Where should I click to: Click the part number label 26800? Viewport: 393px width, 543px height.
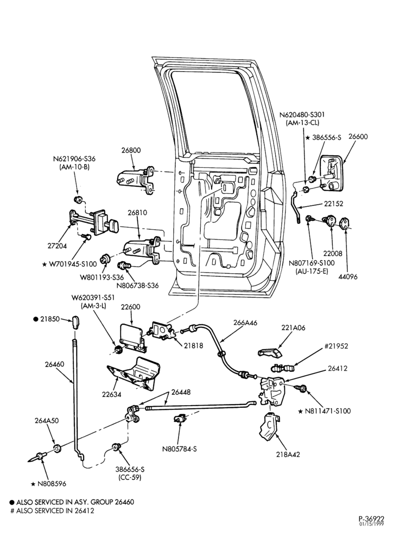[x=131, y=150]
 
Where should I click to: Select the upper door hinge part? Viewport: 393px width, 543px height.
[x=136, y=178]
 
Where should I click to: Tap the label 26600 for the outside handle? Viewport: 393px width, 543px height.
[x=358, y=136]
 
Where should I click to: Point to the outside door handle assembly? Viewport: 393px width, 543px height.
[x=332, y=173]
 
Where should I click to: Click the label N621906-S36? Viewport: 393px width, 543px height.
[x=74, y=159]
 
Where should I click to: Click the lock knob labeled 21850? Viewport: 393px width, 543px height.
[x=76, y=321]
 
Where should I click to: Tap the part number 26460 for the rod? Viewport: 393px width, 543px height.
[x=54, y=364]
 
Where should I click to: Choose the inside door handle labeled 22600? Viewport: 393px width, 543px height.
[x=132, y=337]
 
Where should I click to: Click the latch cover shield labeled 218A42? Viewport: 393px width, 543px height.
[x=270, y=427]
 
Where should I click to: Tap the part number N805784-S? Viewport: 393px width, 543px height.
[x=179, y=449]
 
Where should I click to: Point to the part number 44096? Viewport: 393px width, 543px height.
[x=348, y=277]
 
